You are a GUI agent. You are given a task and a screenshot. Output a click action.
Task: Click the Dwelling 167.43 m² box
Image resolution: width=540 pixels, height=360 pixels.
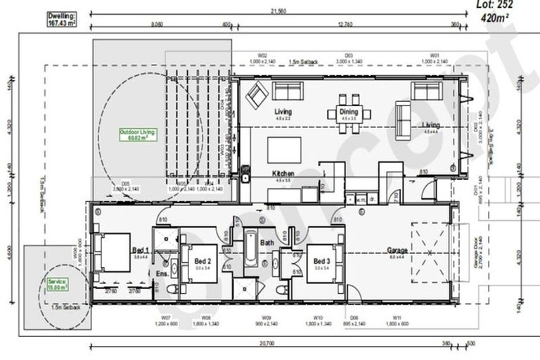coord(62,19)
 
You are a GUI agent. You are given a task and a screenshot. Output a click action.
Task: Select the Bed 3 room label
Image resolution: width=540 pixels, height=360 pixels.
coord(322,261)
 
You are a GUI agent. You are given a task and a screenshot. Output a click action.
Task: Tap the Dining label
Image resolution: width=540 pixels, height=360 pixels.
coord(349,112)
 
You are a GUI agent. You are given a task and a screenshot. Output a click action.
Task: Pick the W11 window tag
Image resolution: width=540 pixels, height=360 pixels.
coord(397,318)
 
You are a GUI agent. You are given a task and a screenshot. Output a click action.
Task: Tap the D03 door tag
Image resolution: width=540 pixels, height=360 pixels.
coord(349,55)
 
